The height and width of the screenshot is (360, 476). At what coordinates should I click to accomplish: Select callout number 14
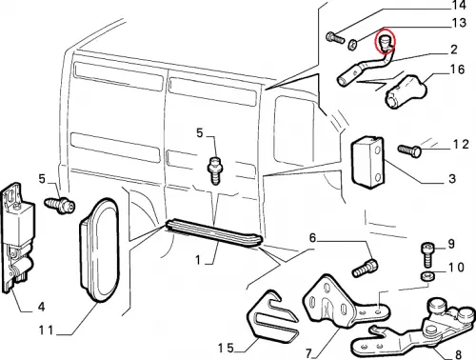click(x=459, y=6)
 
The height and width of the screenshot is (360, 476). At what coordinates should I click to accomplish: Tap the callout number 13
click(x=459, y=23)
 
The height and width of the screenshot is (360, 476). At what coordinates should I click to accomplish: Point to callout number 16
click(x=457, y=70)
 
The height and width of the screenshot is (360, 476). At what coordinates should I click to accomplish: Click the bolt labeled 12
click(x=409, y=150)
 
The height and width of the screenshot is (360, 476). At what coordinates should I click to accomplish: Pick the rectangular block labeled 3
click(x=367, y=162)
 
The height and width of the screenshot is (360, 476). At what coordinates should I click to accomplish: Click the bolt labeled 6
click(x=366, y=268)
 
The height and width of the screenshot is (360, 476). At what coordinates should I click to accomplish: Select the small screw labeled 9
click(x=427, y=254)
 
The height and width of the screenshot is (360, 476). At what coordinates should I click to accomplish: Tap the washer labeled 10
click(x=427, y=276)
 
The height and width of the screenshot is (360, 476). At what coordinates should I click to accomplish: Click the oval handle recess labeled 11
click(x=99, y=250)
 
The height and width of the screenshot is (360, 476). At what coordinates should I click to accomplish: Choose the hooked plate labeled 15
click(x=272, y=317)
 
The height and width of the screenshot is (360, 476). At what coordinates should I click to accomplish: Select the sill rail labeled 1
click(x=213, y=231)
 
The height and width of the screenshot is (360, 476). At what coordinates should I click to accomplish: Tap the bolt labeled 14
click(x=335, y=38)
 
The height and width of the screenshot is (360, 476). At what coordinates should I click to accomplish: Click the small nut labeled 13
click(x=352, y=45)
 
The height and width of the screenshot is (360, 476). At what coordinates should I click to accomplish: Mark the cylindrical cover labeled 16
click(x=407, y=91)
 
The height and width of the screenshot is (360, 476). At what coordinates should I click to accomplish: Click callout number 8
click(x=458, y=354)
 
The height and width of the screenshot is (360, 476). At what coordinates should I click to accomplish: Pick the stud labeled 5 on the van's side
click(x=215, y=170)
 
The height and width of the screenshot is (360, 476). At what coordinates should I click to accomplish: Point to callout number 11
click(x=46, y=330)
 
